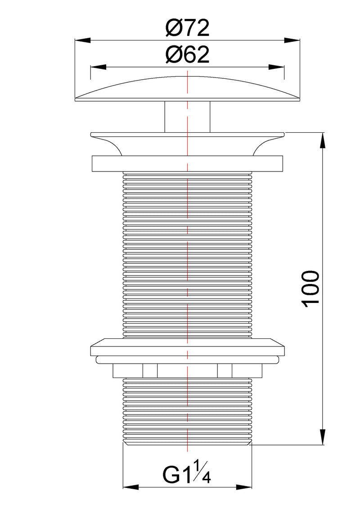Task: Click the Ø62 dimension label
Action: pyautogui.click(x=187, y=55)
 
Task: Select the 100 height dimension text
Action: pyautogui.click(x=311, y=288)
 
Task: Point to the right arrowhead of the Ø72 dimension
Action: pyautogui.click(x=292, y=41)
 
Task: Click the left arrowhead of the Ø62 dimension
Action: pyautogui.click(x=99, y=68)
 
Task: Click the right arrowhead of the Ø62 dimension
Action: pyautogui.click(x=276, y=68)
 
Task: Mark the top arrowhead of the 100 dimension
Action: pyautogui.click(x=322, y=140)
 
